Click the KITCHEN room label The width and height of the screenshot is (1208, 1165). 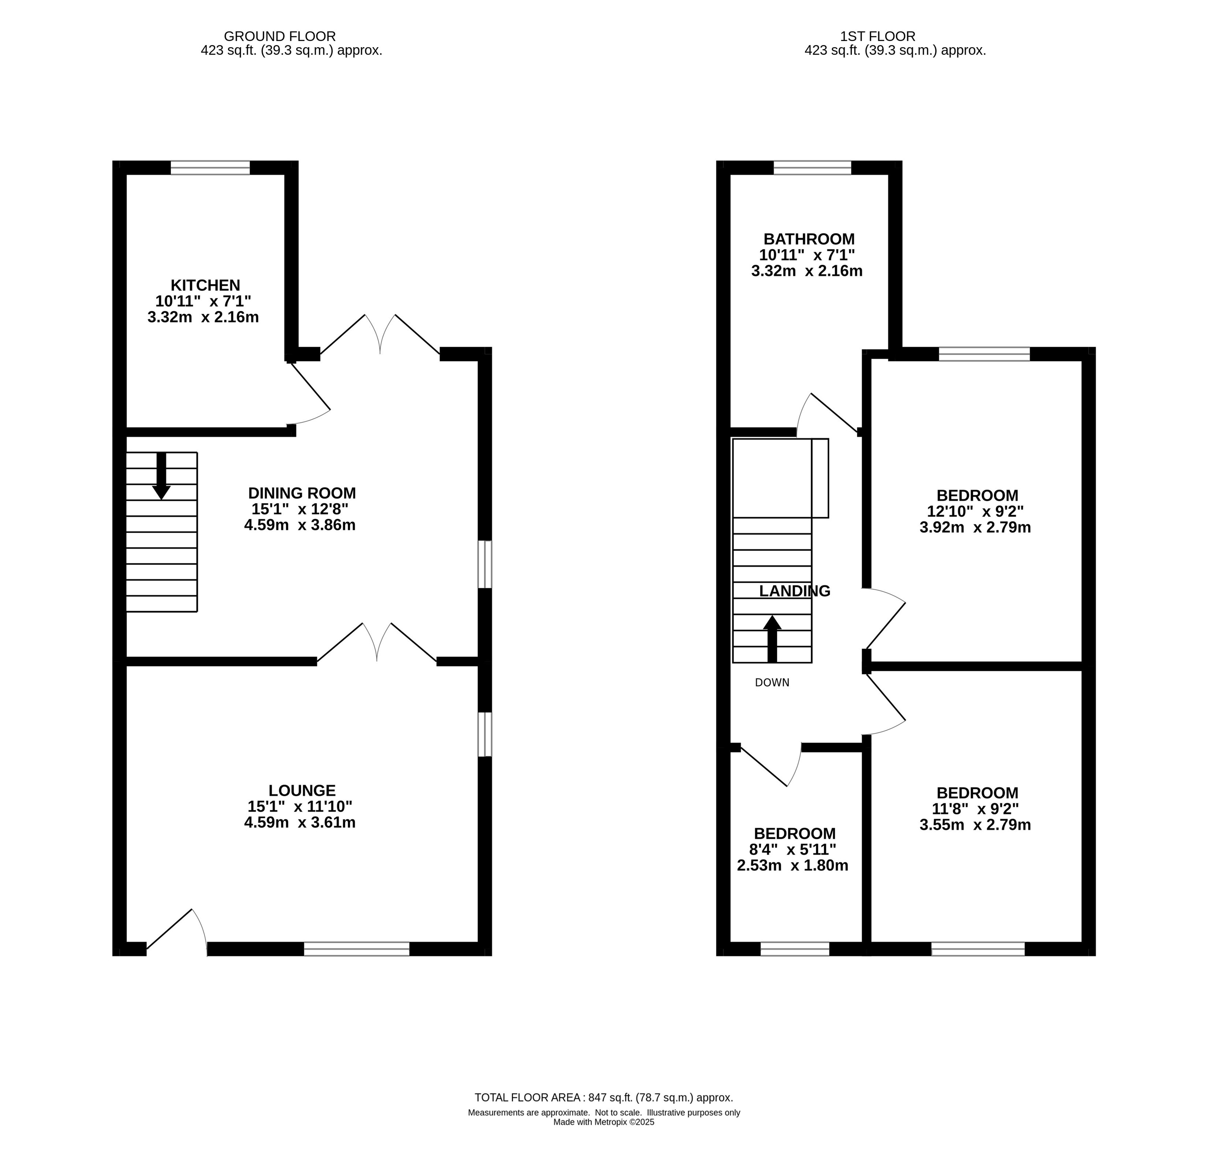coord(205,286)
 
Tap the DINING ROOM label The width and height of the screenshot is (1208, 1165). coord(302,493)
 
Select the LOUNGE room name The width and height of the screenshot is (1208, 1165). coord(302,790)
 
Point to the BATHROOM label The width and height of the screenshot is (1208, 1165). coord(809,239)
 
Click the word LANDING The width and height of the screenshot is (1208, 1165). coord(794,591)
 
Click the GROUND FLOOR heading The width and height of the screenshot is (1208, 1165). coord(280,36)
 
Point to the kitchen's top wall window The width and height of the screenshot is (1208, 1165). coord(210,168)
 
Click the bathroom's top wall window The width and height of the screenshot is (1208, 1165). coord(812,168)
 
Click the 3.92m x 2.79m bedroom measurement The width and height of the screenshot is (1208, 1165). coord(975,528)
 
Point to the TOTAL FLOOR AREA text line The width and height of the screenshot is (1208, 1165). coord(603,1097)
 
